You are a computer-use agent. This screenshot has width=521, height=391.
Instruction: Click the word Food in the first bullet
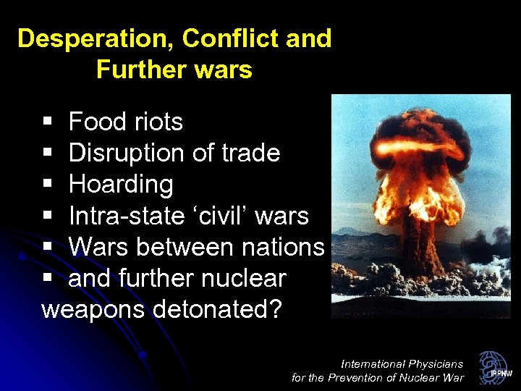click(96, 122)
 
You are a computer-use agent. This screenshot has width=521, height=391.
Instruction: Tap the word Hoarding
click(121, 185)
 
